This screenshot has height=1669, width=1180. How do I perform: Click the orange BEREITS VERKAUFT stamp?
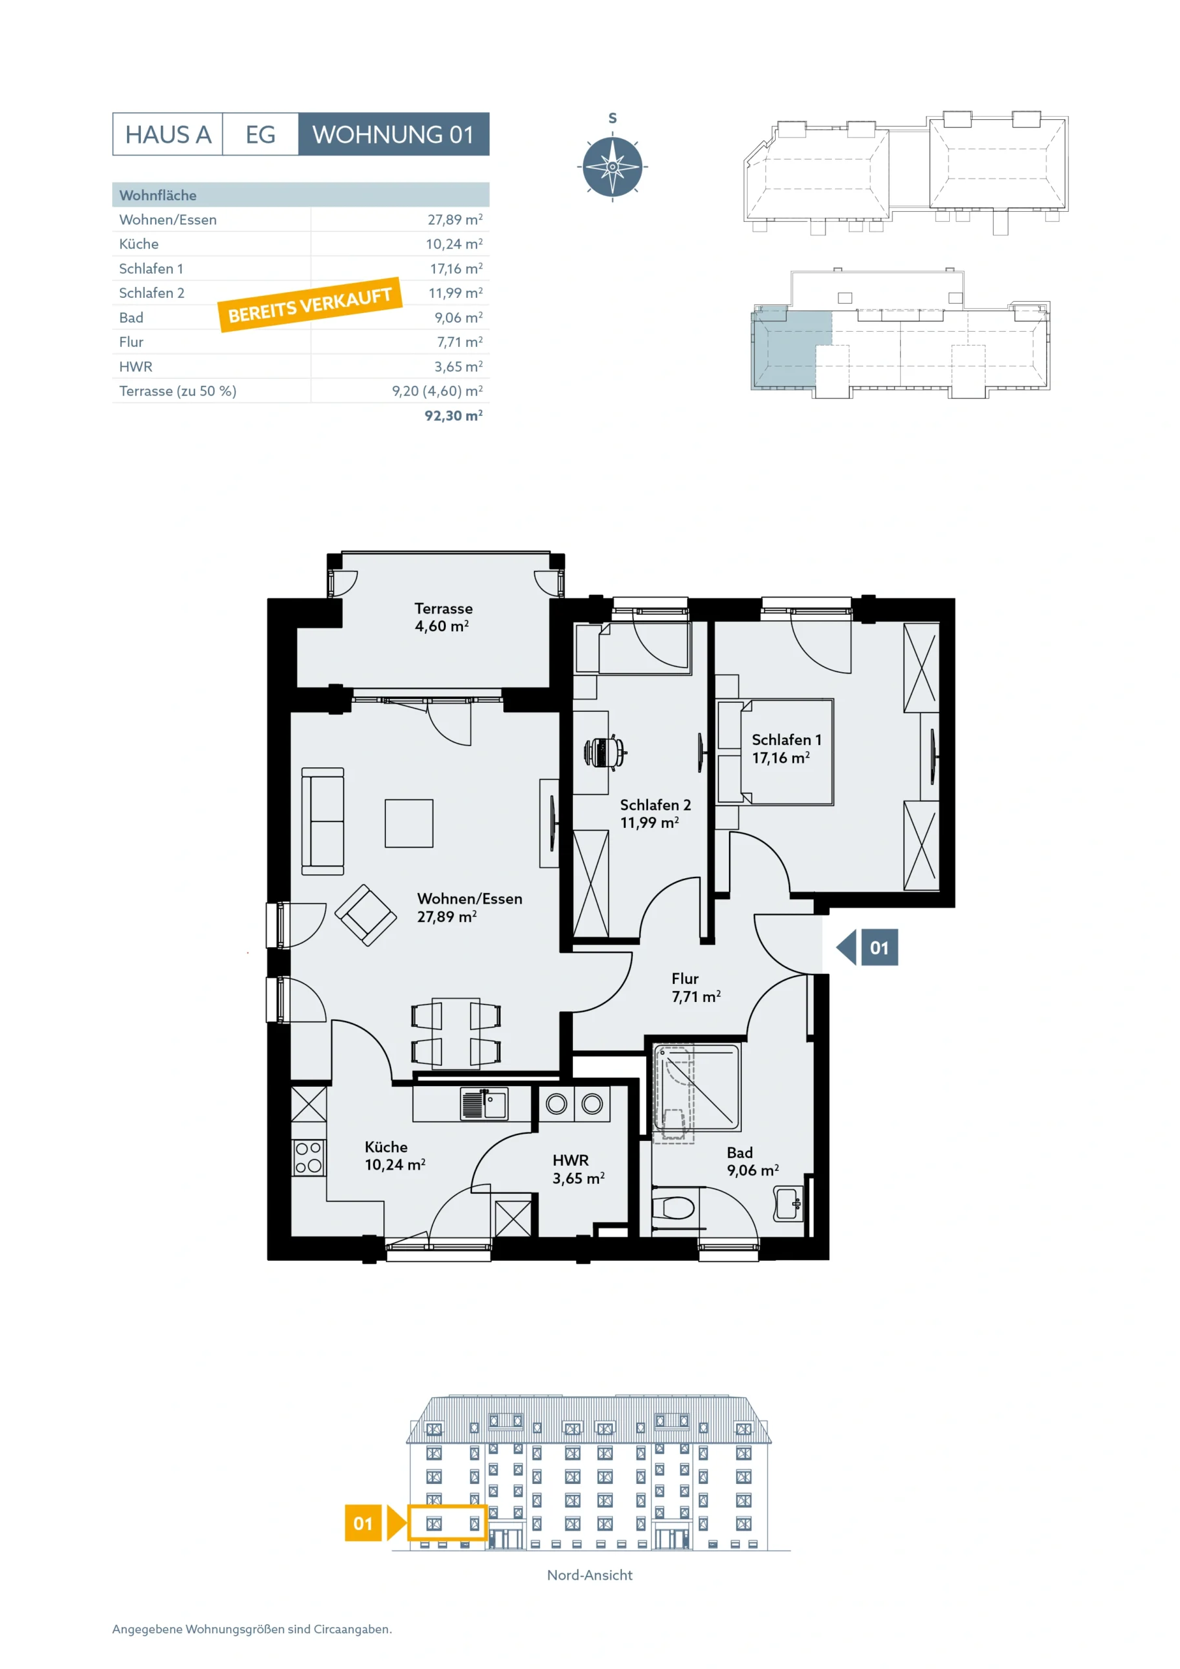click(x=310, y=304)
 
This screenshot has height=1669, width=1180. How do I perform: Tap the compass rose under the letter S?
click(x=612, y=166)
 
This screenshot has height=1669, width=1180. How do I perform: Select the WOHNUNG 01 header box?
click(x=393, y=134)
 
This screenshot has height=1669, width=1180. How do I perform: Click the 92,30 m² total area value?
click(x=454, y=415)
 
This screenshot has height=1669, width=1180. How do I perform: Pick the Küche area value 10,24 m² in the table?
click(x=454, y=244)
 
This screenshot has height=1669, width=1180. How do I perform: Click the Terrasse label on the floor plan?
click(x=443, y=608)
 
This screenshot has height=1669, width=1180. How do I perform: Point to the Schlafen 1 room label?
click(x=787, y=739)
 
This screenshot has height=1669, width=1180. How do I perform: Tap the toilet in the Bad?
click(x=673, y=1208)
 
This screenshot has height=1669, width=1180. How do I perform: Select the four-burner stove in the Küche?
click(x=309, y=1157)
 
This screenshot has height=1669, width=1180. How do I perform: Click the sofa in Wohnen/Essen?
click(x=323, y=821)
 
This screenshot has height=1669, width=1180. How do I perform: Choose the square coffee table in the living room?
click(x=409, y=823)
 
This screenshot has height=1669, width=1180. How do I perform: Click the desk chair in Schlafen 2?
click(x=606, y=752)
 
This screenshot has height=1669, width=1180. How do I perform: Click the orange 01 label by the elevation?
click(x=362, y=1523)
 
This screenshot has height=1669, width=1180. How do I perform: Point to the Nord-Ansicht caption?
click(x=589, y=1574)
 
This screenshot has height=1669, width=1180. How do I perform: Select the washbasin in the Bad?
click(x=789, y=1203)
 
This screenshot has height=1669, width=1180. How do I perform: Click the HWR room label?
click(x=570, y=1160)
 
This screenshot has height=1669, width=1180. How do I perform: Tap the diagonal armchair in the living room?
click(x=366, y=915)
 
